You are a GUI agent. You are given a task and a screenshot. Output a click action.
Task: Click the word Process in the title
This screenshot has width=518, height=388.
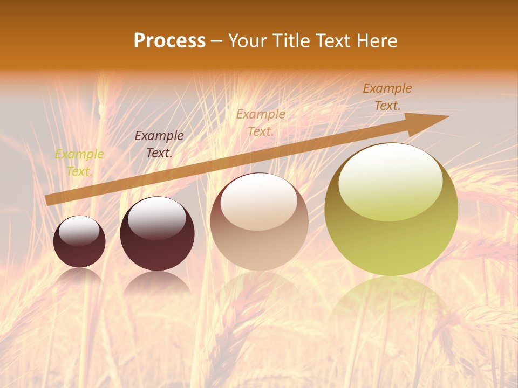point(169,41)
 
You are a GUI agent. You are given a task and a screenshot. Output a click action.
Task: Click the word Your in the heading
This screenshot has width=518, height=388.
point(247,41)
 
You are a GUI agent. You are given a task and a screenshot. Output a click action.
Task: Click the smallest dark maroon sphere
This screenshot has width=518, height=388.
point(79,241)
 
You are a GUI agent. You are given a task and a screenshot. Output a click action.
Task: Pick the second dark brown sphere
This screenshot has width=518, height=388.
point(157,234)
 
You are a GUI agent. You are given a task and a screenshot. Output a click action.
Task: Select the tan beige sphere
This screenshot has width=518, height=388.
point(259,222)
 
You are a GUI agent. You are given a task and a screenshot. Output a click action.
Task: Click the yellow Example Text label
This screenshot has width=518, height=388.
point(79,163)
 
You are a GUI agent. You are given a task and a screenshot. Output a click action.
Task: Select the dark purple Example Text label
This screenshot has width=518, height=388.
point(159,144)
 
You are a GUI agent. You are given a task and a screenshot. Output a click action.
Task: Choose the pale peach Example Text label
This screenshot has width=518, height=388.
point(261,122)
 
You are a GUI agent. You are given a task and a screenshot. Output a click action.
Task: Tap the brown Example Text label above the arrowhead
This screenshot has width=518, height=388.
point(387,97)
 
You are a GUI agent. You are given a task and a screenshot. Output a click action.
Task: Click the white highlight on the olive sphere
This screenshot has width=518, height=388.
point(390,182)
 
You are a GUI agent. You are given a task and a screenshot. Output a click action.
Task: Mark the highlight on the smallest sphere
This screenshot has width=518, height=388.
point(79,231)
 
